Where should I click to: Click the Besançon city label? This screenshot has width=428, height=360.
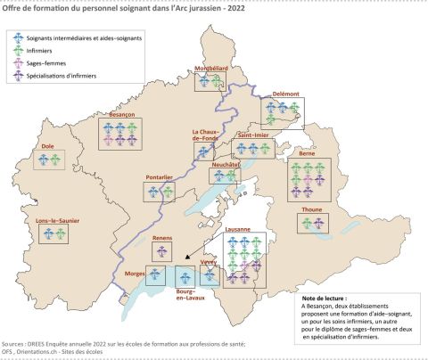121,115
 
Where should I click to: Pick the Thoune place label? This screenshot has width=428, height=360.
313,209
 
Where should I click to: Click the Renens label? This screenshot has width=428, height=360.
162,238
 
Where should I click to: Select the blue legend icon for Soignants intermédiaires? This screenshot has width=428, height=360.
18,39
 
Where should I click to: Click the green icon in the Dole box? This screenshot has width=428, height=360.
56,160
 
